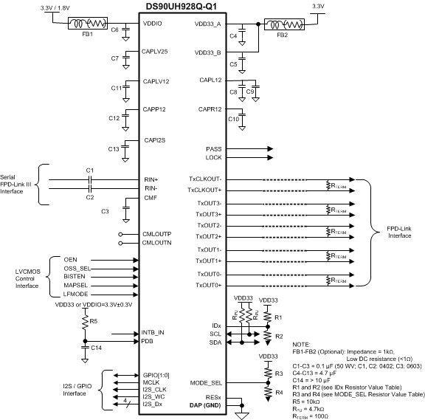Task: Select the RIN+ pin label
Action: click(x=151, y=179)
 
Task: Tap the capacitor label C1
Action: click(x=89, y=172)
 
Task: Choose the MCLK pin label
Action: click(x=152, y=382)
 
